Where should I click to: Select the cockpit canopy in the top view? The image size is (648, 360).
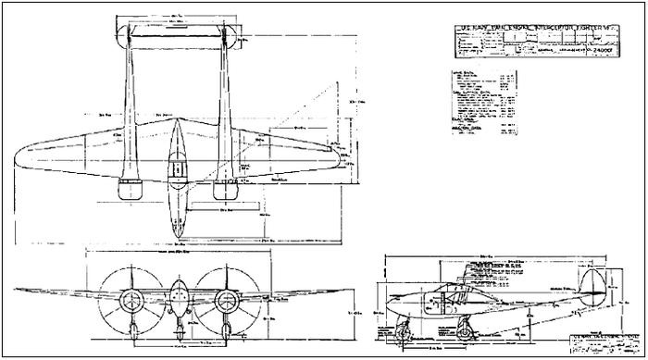pyautogui.click(x=175, y=169)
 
